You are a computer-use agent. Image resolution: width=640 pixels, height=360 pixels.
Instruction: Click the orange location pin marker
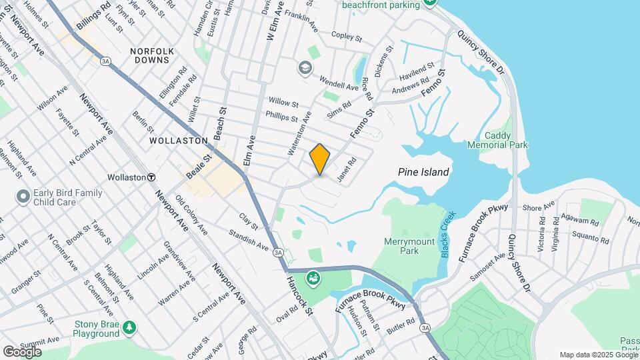[320, 159]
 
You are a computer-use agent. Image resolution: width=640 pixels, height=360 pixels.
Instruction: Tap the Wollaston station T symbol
[152, 178]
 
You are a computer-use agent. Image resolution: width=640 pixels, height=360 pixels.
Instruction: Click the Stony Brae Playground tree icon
[129, 327]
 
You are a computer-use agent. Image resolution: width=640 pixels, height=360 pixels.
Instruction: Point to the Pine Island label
[423, 172]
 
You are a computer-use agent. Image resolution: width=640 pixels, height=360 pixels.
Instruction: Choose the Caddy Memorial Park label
[507, 140]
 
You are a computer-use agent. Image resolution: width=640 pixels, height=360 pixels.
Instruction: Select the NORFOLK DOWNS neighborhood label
[152, 55]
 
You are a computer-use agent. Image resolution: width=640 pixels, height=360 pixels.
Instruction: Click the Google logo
[22, 352]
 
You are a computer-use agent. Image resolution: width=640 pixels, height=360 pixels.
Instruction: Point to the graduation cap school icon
[305, 67]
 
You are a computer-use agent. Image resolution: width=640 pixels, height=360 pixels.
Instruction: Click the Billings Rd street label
[93, 17]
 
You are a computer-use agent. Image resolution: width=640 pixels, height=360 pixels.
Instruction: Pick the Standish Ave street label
[248, 241]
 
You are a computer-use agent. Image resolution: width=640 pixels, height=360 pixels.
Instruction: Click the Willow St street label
[283, 103]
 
